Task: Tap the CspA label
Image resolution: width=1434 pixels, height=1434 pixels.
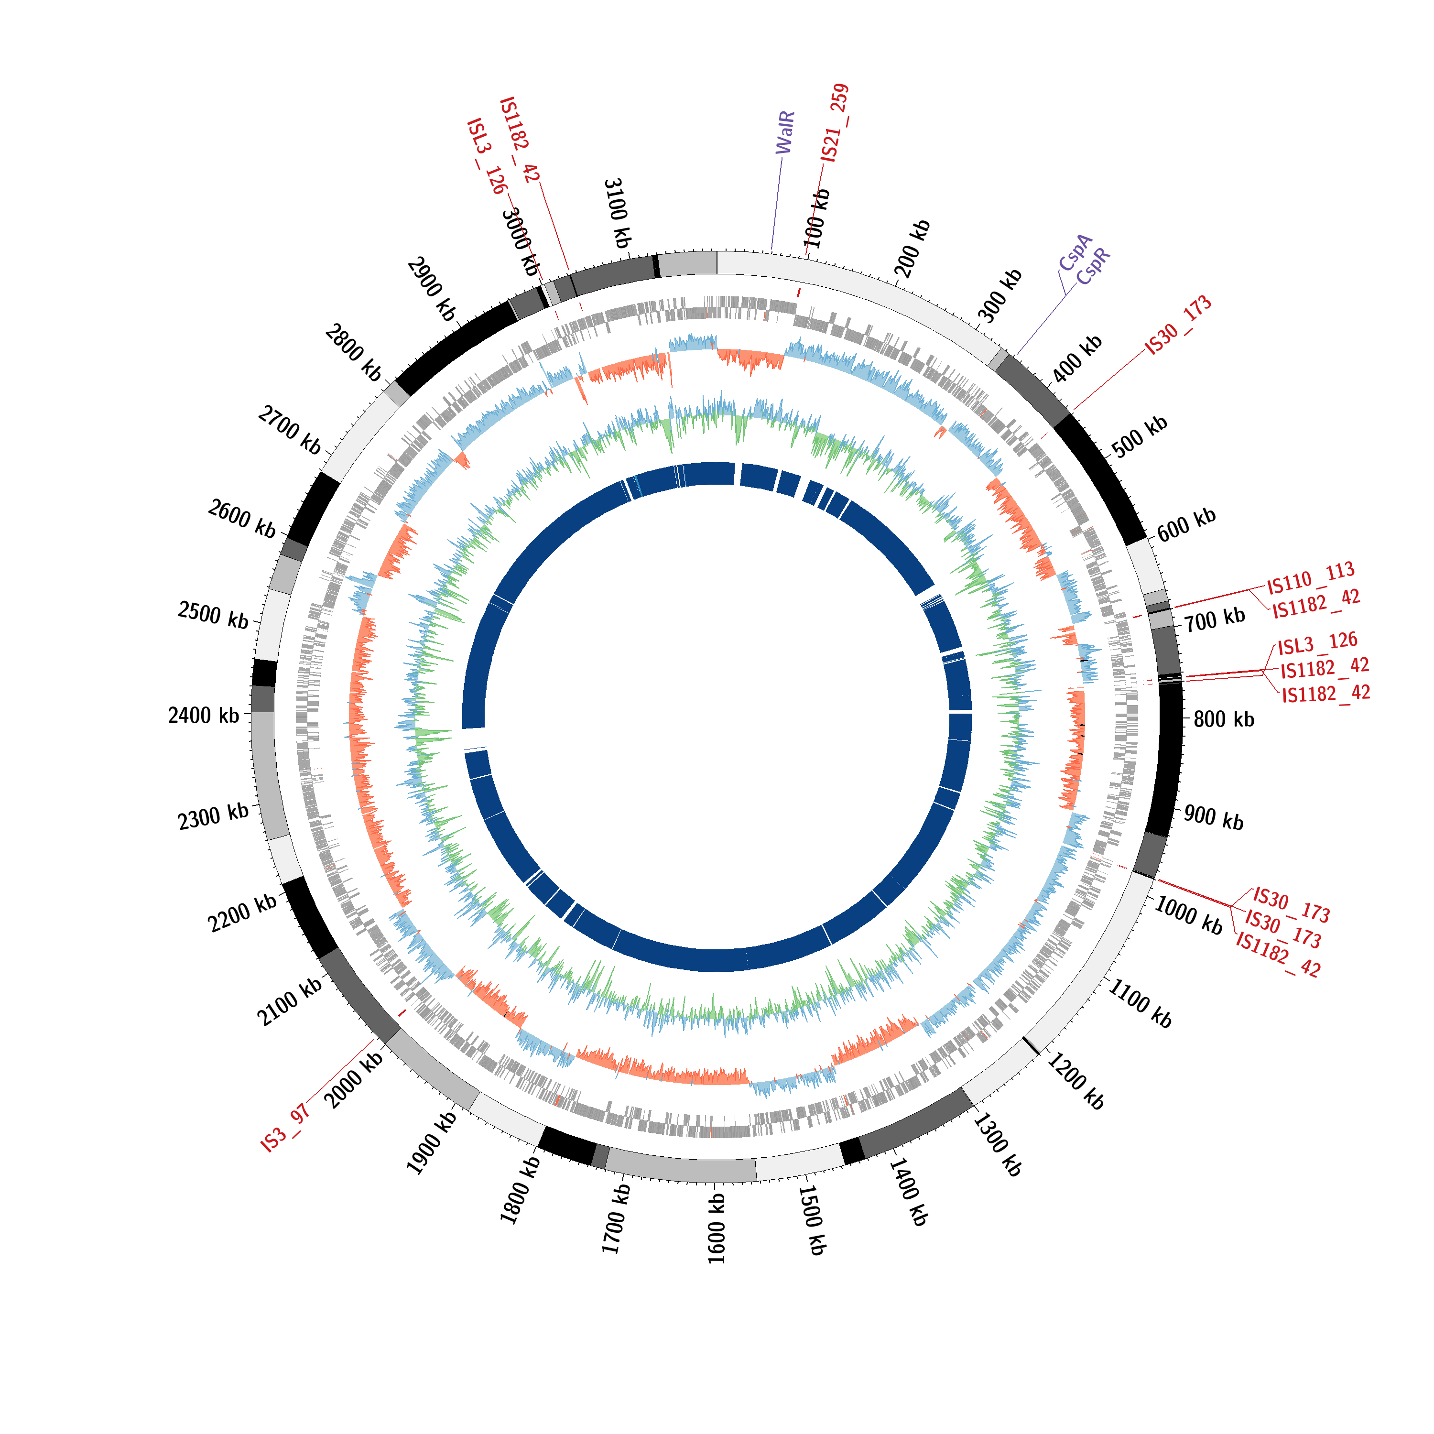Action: tap(1075, 252)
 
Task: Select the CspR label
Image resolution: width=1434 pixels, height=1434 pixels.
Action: tap(1093, 266)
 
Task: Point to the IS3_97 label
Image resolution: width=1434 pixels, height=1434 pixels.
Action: tap(285, 1128)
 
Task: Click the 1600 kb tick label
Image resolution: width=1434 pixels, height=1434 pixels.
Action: tap(716, 1228)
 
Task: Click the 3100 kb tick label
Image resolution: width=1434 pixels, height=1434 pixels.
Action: tap(617, 213)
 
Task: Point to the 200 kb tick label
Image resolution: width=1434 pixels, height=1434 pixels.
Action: tap(912, 249)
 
